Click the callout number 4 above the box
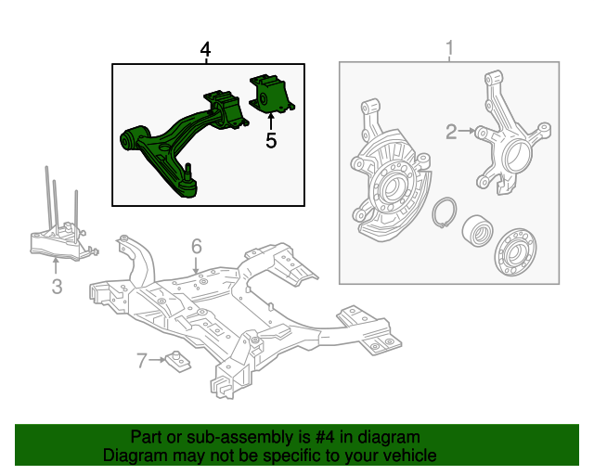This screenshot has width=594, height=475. [205, 48]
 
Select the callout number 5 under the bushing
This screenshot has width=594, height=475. [271, 141]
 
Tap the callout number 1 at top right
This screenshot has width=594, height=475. [450, 48]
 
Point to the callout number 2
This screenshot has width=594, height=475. [451, 133]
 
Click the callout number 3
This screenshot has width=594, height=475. [57, 288]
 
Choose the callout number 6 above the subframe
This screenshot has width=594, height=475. [197, 246]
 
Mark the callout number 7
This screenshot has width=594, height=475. [142, 361]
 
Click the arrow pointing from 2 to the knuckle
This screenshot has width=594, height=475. [469, 133]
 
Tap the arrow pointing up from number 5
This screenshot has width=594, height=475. [270, 120]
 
